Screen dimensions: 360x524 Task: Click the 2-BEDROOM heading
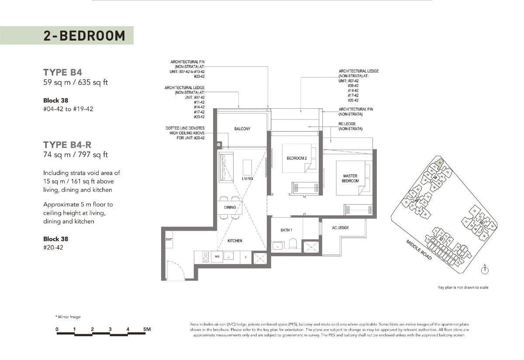pyautogui.click(x=84, y=35)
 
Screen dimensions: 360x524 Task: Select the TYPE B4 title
pyautogui.click(x=62, y=72)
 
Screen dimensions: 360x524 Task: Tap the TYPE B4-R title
pyautogui.click(x=67, y=144)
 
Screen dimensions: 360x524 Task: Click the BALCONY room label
pyautogui.click(x=242, y=129)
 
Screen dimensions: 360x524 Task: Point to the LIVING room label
pyautogui.click(x=247, y=178)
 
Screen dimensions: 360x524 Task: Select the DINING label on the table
pyautogui.click(x=230, y=207)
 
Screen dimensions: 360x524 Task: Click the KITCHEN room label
pyautogui.click(x=234, y=240)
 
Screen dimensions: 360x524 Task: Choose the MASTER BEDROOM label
pyautogui.click(x=350, y=178)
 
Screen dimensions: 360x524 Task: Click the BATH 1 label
pyautogui.click(x=286, y=230)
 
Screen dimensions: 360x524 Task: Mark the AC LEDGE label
pyautogui.click(x=340, y=228)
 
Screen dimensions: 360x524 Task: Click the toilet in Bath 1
pyautogui.click(x=294, y=245)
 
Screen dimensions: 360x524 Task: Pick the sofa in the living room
pyautogui.click(x=226, y=167)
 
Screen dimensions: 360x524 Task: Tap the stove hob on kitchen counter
pyautogui.click(x=205, y=257)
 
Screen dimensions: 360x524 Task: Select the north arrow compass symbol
pyautogui.click(x=485, y=270)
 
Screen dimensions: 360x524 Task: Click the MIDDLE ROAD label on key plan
pyautogui.click(x=419, y=250)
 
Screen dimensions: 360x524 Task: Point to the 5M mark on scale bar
pyautogui.click(x=147, y=329)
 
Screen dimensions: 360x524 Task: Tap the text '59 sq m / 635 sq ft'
pyautogui.click(x=75, y=82)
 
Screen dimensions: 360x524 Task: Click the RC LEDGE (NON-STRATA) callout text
pyautogui.click(x=350, y=126)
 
